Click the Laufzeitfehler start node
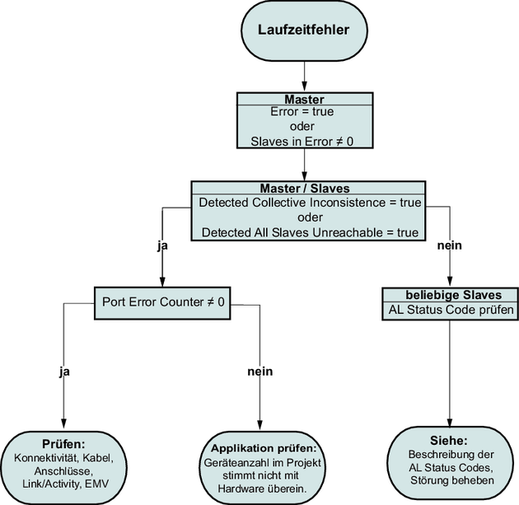(304, 30)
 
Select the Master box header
(304, 99)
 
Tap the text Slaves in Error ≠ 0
(304, 141)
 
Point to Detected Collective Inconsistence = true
(309, 203)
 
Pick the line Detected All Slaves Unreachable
(309, 232)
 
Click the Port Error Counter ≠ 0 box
(161, 302)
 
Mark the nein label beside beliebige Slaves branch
(449, 245)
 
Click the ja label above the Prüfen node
(63, 372)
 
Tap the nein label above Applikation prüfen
(259, 372)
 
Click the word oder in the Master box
(304, 126)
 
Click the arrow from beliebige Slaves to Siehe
(449, 371)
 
